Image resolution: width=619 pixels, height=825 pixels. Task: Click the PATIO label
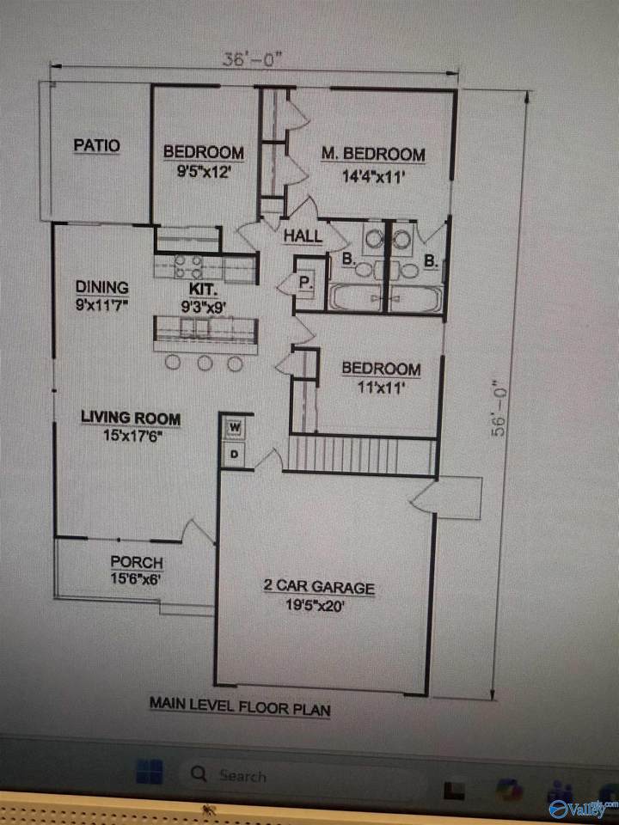pyautogui.click(x=97, y=145)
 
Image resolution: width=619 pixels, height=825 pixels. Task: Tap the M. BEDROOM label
pyautogui.click(x=373, y=154)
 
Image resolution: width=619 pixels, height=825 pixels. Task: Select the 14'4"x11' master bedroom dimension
pyautogui.click(x=373, y=175)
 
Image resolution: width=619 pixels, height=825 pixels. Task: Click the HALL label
pyautogui.click(x=303, y=235)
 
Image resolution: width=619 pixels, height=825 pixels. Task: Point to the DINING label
pyautogui.click(x=102, y=287)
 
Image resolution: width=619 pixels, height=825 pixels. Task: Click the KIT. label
pyautogui.click(x=203, y=289)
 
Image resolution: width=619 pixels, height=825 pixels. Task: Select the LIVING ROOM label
pyautogui.click(x=131, y=418)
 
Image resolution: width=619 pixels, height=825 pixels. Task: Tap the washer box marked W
pyautogui.click(x=235, y=428)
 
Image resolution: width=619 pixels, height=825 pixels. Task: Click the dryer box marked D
pyautogui.click(x=235, y=453)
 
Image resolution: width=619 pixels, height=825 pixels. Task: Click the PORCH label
pyautogui.click(x=137, y=562)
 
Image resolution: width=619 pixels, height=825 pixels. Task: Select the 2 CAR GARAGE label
pyautogui.click(x=319, y=586)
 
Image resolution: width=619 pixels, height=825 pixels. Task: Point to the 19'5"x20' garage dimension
pyautogui.click(x=316, y=604)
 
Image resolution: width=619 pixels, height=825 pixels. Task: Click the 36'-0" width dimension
pyautogui.click(x=253, y=58)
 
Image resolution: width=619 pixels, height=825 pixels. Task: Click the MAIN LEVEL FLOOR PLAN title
pyautogui.click(x=240, y=706)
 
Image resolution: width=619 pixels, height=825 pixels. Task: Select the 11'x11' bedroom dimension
pyautogui.click(x=381, y=388)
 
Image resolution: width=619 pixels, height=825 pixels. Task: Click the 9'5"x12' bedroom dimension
pyautogui.click(x=204, y=172)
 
